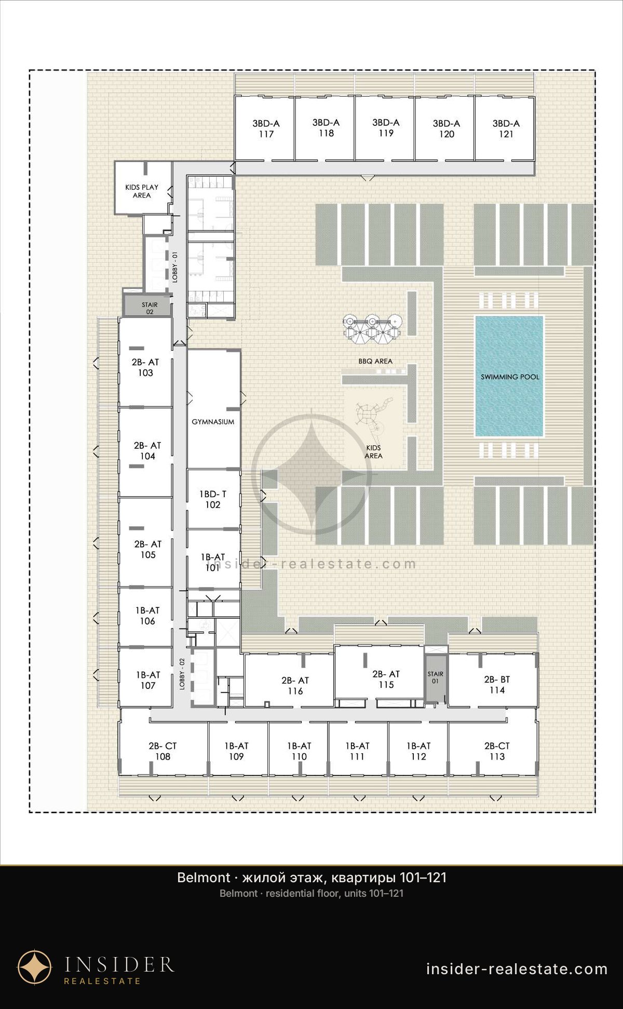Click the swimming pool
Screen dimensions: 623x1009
click(x=509, y=376)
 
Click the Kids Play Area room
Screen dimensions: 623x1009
click(x=143, y=188)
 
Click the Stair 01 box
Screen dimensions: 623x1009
click(x=435, y=677)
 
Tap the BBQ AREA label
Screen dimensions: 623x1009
click(x=375, y=361)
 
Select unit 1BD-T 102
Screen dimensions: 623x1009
click(x=213, y=499)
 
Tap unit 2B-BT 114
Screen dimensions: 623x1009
click(x=493, y=681)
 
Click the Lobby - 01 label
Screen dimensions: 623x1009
click(x=175, y=267)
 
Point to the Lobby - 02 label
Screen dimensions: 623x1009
click(x=182, y=674)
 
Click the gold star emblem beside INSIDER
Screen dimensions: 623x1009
click(x=35, y=967)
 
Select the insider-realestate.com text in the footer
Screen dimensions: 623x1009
click(x=517, y=969)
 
